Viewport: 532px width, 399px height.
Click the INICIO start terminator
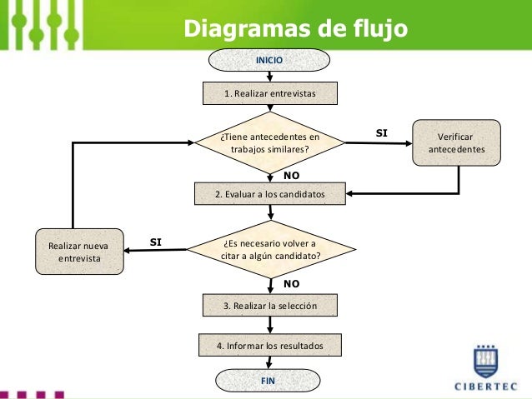[x=269, y=61]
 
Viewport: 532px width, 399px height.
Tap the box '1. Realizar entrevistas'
[x=269, y=94]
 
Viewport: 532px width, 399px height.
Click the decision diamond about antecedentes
[x=269, y=142]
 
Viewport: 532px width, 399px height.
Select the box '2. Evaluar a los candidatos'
[x=269, y=195]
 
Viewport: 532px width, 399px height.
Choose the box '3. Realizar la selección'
[x=269, y=306]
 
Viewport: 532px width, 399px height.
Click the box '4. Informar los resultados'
[x=269, y=344]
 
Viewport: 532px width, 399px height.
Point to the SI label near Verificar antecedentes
[x=382, y=132]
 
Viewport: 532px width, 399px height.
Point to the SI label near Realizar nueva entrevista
[x=155, y=242]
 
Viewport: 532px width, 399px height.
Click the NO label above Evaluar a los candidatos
[x=291, y=176]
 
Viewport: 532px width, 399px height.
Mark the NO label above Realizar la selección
[x=291, y=284]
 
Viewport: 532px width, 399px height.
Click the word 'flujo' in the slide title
[x=378, y=28]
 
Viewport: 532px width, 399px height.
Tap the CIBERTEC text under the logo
[x=486, y=386]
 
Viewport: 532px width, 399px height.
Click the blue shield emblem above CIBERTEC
[x=486, y=360]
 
